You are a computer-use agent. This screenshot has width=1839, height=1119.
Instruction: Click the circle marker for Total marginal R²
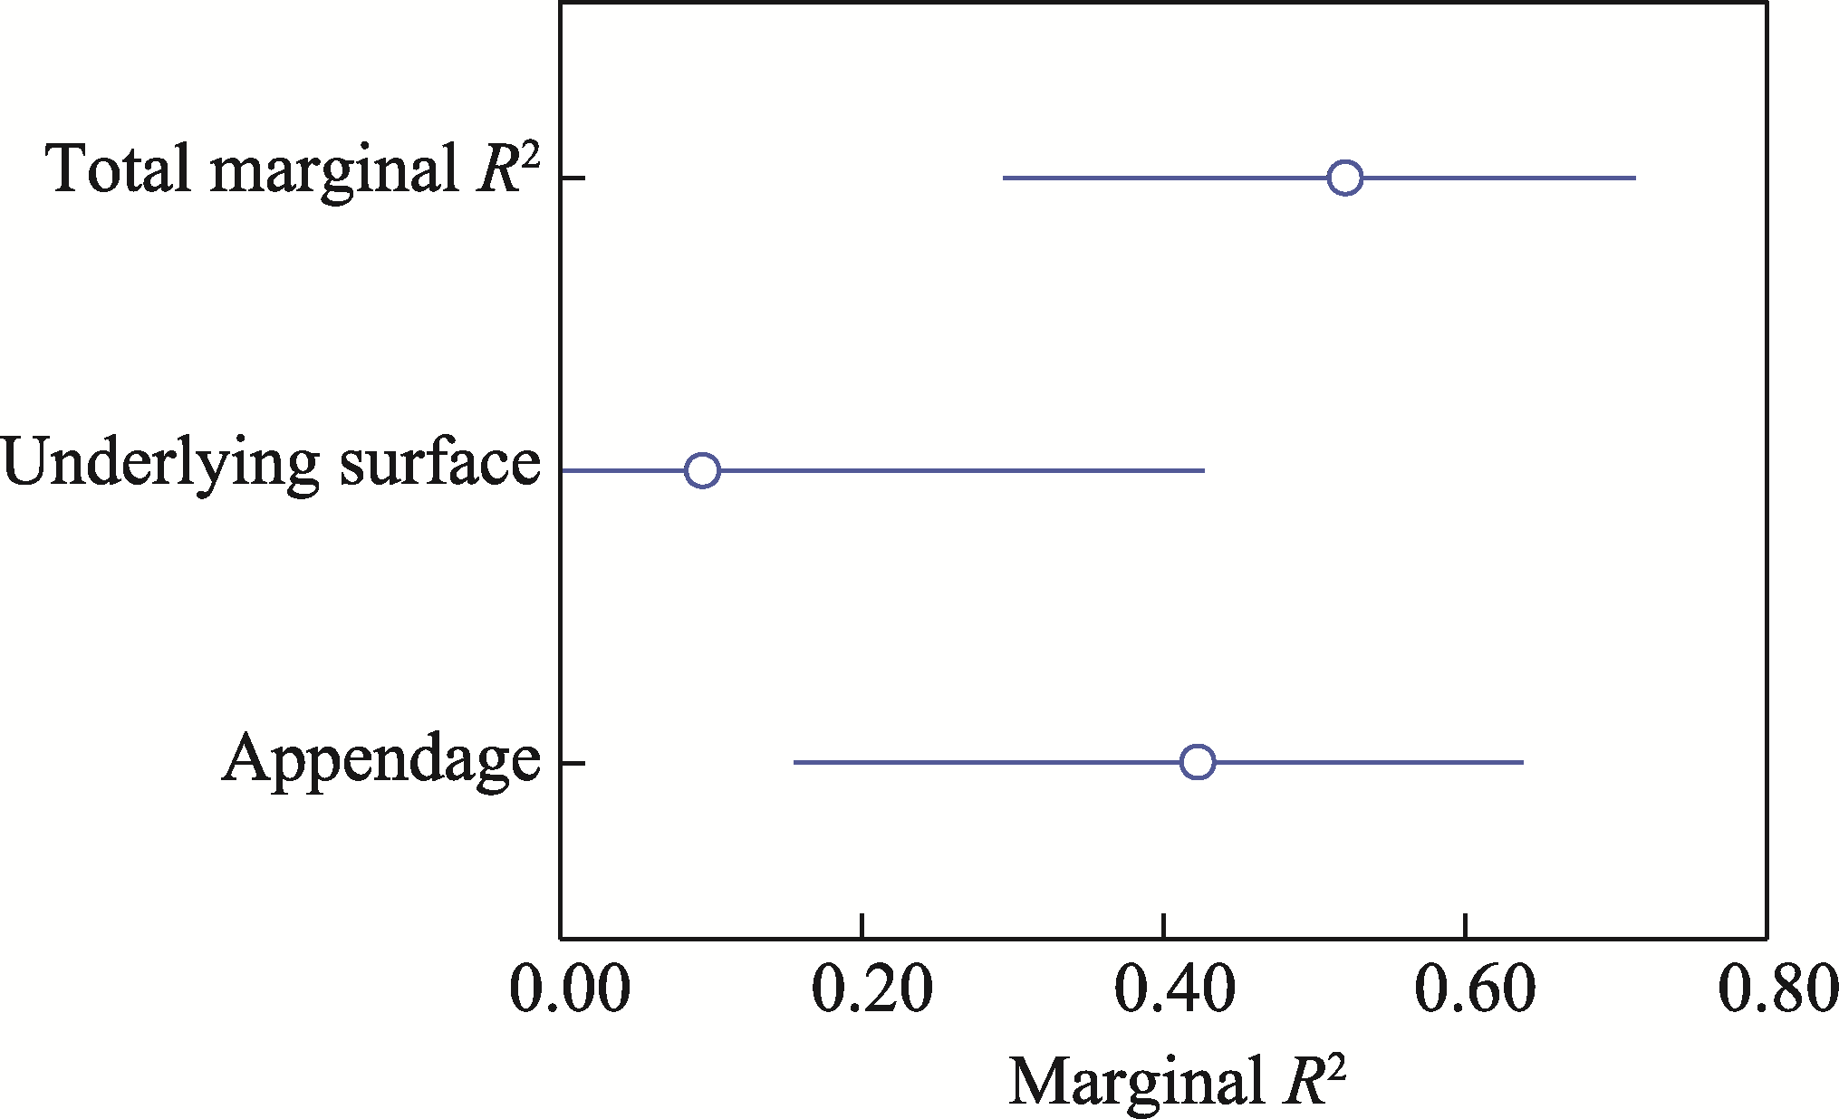click(x=1345, y=178)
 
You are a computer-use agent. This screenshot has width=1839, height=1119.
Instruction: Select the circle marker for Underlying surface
click(x=702, y=470)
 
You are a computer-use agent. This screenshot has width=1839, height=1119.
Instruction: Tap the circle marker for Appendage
click(x=1198, y=762)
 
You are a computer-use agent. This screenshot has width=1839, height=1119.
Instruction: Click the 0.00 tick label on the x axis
click(x=570, y=990)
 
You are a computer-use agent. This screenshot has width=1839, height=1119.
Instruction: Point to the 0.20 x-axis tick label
click(x=871, y=990)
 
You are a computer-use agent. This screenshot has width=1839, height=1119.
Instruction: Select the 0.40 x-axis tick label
click(x=1173, y=990)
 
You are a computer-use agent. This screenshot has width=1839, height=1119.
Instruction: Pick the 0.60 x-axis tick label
click(x=1475, y=990)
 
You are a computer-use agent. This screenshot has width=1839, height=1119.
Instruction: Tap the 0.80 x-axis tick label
click(x=1777, y=990)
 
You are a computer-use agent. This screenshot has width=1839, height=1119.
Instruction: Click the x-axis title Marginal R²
click(x=1177, y=1081)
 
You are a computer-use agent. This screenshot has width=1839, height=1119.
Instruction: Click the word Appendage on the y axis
click(x=381, y=759)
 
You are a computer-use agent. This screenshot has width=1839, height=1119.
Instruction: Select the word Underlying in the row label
click(x=159, y=464)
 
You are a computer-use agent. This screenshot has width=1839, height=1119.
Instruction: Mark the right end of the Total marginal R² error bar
click(x=1635, y=178)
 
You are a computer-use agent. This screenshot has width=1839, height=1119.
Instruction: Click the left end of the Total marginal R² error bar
click(x=1004, y=178)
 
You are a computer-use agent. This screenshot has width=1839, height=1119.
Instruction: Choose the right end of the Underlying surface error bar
click(x=1204, y=470)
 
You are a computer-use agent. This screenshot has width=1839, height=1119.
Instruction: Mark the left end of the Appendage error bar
click(x=794, y=762)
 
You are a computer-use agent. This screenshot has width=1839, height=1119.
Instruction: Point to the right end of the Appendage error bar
click(x=1523, y=762)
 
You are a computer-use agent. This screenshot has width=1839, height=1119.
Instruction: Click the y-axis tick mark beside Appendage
click(x=573, y=762)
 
